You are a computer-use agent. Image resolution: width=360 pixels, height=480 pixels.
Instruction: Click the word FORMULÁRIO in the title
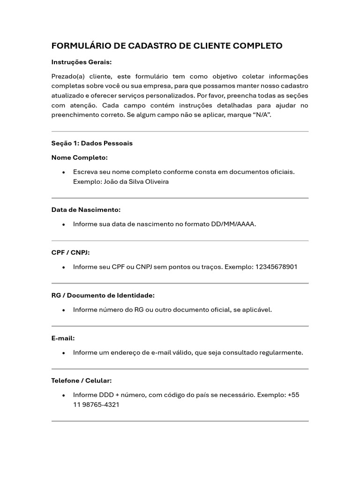coord(80,46)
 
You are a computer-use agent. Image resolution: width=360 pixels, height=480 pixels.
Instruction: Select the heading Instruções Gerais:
coord(82,62)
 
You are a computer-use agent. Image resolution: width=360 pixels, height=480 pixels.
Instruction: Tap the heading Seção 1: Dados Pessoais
coord(92,143)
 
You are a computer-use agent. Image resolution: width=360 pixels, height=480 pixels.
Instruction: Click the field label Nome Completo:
coord(80,157)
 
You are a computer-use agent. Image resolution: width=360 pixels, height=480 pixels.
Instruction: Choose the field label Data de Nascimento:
coord(86,210)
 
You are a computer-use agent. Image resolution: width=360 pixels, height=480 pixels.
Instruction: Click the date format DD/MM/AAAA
coord(233,224)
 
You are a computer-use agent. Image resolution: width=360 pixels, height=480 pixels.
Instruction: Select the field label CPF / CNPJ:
coord(70,253)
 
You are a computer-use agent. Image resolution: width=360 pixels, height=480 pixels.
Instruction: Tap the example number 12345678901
coord(276,267)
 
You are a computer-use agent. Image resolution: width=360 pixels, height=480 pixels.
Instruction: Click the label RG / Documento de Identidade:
coord(103,295)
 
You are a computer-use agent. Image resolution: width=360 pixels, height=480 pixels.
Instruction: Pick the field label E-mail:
coord(63,338)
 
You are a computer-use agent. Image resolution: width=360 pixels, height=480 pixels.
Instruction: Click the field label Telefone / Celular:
coord(82,381)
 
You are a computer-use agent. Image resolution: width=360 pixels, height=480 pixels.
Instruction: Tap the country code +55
coord(293,395)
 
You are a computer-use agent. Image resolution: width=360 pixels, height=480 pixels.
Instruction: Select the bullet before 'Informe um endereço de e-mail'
coord(63,353)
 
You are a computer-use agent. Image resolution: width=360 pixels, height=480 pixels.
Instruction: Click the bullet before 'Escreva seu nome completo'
coord(63,172)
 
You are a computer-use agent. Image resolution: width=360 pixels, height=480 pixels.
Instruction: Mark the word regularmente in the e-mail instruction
coord(283,352)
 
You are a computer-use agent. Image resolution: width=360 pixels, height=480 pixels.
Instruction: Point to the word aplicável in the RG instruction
coord(257,310)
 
